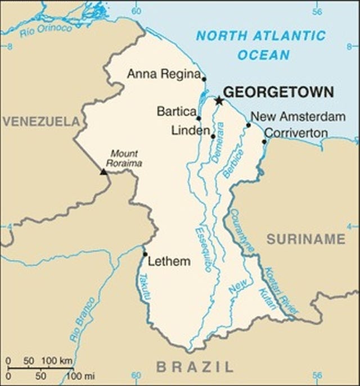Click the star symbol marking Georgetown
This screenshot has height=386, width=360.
click(219, 101)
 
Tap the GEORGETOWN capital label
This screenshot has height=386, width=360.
click(278, 92)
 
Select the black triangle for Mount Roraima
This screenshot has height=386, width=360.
click(103, 171)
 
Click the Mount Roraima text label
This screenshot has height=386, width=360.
click(125, 158)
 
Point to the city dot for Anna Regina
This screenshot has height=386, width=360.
click(204, 79)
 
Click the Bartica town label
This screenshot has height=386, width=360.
click(176, 111)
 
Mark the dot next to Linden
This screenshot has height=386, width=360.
click(213, 136)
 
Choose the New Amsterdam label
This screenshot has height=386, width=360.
click(298, 117)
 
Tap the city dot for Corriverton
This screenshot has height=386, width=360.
click(264, 142)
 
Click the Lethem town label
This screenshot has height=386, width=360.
click(169, 262)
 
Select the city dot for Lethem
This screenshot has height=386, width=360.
click(145, 254)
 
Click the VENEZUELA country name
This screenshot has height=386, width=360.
click(40, 121)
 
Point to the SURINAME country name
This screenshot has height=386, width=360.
click(305, 239)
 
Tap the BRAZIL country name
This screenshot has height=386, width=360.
click(195, 367)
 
